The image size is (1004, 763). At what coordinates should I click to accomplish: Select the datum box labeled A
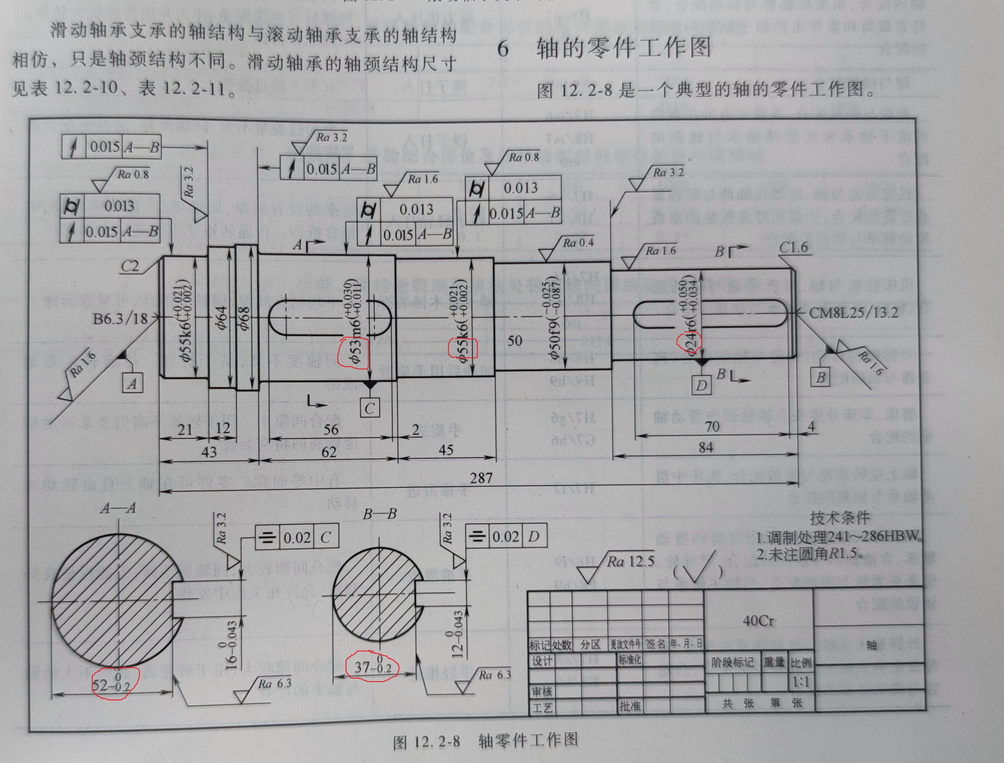tap(132, 383)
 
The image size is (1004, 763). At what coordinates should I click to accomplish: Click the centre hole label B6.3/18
tap(120, 319)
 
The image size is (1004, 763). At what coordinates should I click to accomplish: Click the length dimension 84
tap(705, 448)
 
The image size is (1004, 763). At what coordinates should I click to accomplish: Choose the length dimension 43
tap(209, 452)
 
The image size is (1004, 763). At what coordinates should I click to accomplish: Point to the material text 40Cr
tap(758, 621)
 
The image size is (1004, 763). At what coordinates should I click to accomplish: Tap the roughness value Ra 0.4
tap(578, 243)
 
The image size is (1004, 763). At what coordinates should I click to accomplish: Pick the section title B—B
tap(380, 514)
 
